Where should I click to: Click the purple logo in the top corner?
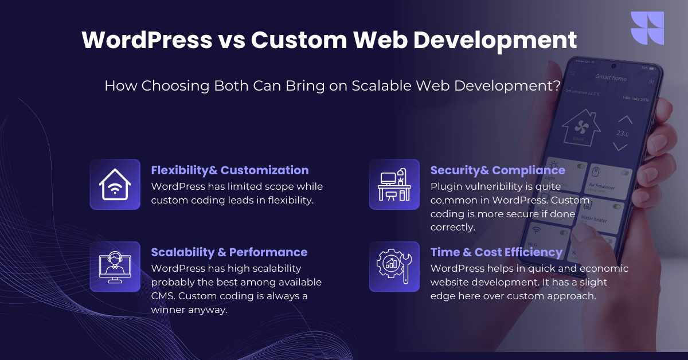pos(647,28)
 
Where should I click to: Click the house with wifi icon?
pos(115,185)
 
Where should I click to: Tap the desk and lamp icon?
pos(394,185)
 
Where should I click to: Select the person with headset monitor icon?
pos(115,267)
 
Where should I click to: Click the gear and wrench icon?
pos(394,267)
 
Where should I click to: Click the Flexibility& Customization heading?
pos(229,170)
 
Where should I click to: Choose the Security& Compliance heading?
pos(498,170)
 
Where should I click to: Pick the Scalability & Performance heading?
pos(229,252)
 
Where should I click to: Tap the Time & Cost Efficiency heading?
pos(497,252)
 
